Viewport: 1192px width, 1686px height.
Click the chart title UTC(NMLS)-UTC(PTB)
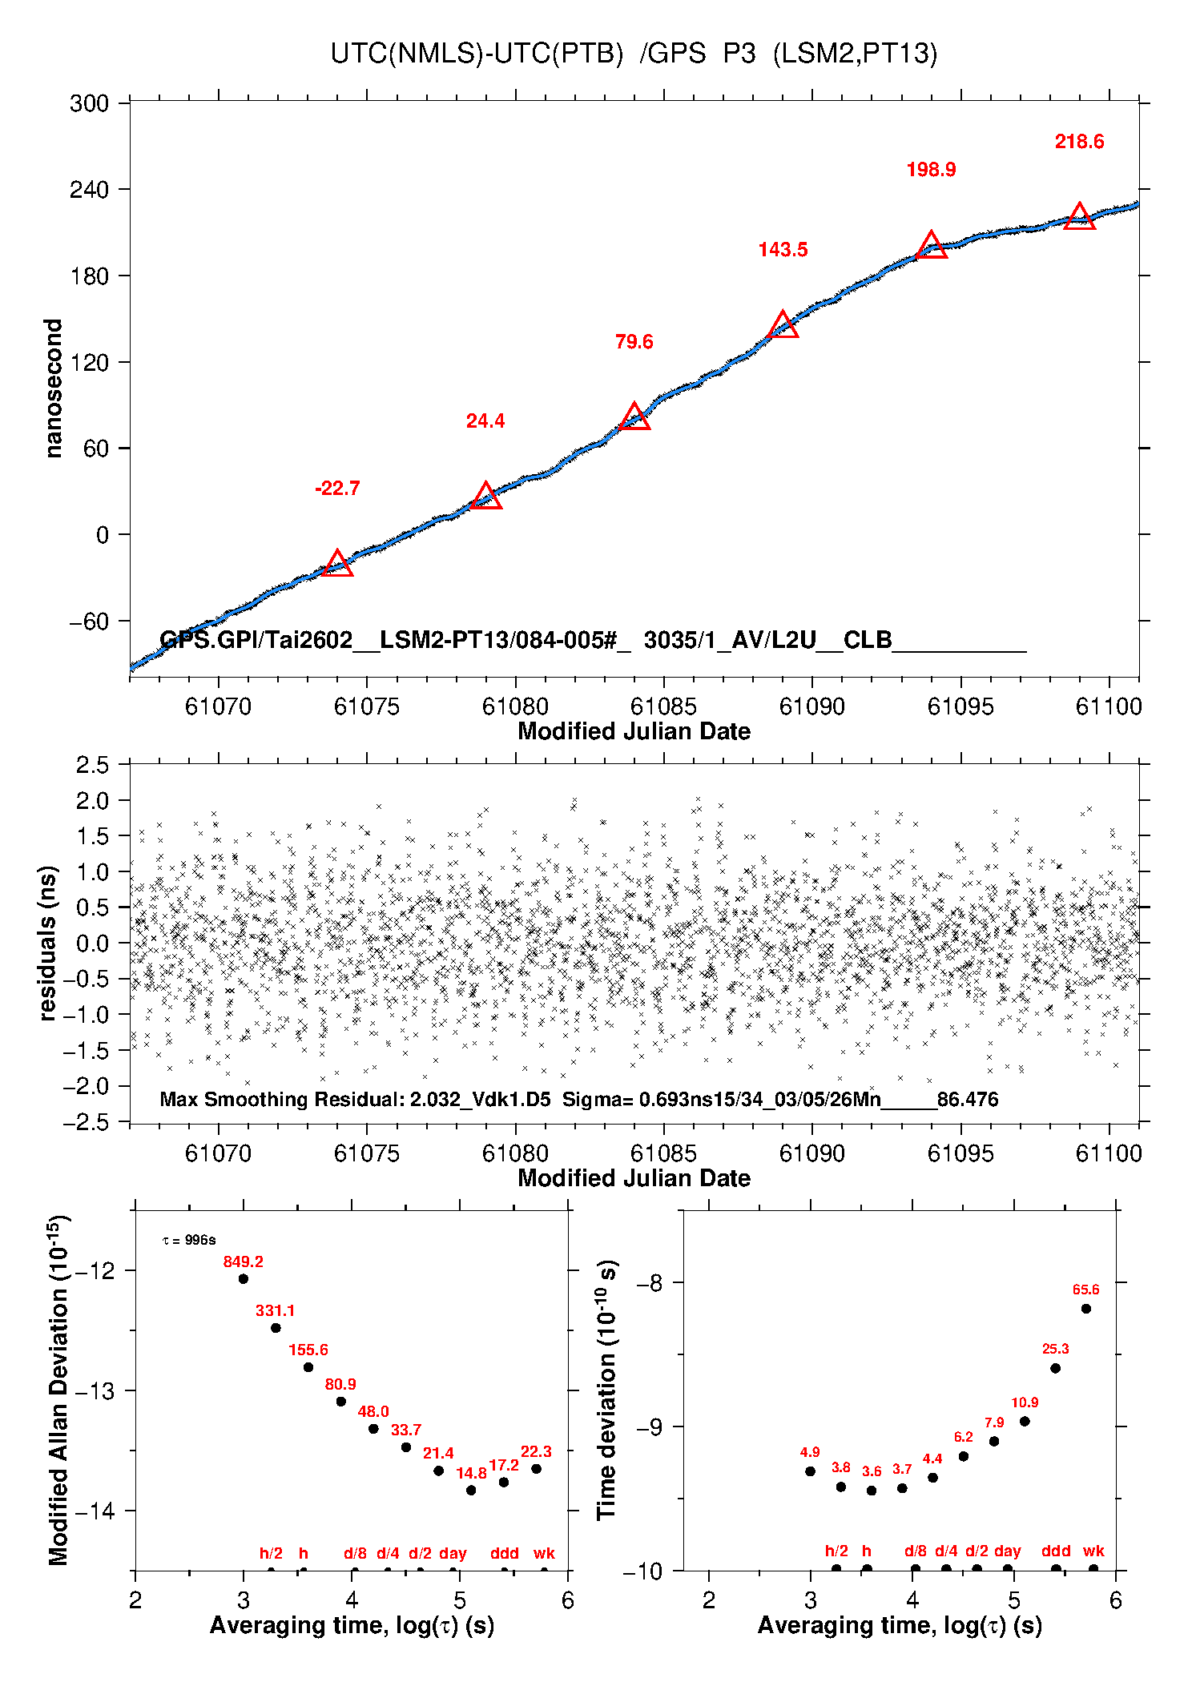pyautogui.click(x=477, y=54)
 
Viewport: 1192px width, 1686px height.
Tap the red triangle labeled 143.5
pyautogui.click(x=783, y=326)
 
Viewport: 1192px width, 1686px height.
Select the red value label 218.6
pyautogui.click(x=1079, y=142)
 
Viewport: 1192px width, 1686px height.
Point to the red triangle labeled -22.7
pyautogui.click(x=337, y=564)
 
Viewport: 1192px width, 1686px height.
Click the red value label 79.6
pyautogui.click(x=634, y=342)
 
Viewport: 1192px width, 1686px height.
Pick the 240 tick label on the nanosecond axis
pyautogui.click(x=89, y=190)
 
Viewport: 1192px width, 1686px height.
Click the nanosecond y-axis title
pyautogui.click(x=54, y=388)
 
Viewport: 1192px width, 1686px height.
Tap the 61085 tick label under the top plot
pyautogui.click(x=663, y=706)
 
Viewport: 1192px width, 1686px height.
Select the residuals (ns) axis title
pyautogui.click(x=48, y=943)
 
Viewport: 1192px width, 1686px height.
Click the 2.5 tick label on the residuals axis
pyautogui.click(x=93, y=765)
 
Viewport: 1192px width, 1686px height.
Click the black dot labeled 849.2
pyautogui.click(x=244, y=1279)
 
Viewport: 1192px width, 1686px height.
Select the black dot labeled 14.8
pyautogui.click(x=471, y=1491)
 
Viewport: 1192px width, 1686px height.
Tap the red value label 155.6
pyautogui.click(x=308, y=1350)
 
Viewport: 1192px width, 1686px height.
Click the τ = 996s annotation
pyautogui.click(x=189, y=1241)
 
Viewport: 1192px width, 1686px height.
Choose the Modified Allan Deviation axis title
pyautogui.click(x=58, y=1390)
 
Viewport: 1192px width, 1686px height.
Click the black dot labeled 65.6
pyautogui.click(x=1086, y=1309)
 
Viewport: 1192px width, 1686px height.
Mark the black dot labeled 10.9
pyautogui.click(x=1025, y=1422)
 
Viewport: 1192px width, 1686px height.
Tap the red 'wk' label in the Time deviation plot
pyautogui.click(x=1093, y=1551)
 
